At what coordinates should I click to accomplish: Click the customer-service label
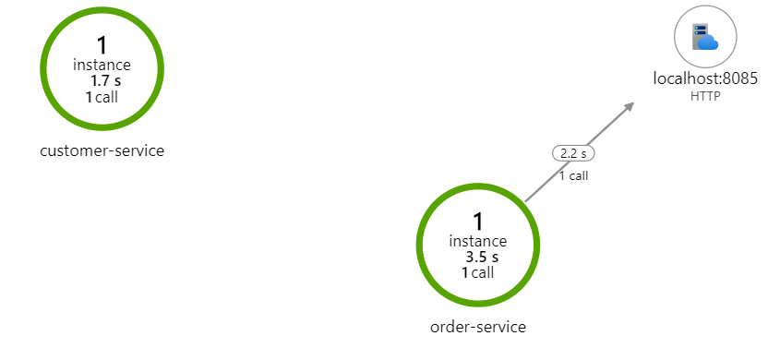coord(102,150)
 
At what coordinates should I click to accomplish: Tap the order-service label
coord(478,326)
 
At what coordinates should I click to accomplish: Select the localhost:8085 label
coord(705,79)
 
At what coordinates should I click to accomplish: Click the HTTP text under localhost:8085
coord(704,96)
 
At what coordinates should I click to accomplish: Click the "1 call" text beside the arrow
coord(573,175)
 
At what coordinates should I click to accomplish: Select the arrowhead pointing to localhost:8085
coord(629,107)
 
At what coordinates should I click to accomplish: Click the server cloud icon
coord(705,37)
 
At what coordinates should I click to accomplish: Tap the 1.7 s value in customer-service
coord(105,81)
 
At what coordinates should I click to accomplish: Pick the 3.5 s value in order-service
coord(482,257)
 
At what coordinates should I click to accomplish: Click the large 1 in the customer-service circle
coord(102,44)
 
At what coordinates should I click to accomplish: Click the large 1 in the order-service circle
coord(478,221)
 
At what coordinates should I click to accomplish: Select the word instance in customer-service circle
coord(102,65)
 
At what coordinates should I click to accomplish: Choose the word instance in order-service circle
coord(478,241)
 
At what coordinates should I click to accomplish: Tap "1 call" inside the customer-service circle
coord(102,97)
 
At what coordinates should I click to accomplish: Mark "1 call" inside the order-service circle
coord(478,272)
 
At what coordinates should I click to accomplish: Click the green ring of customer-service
coord(43,68)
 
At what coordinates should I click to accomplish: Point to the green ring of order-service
coord(420,245)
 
